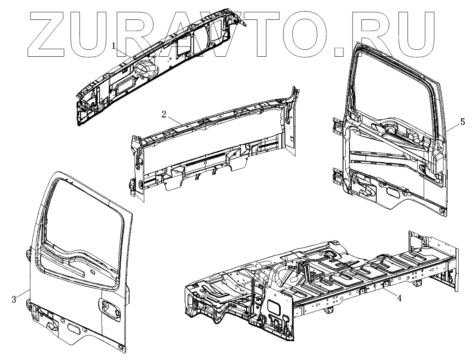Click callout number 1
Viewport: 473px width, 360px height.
click(x=113, y=45)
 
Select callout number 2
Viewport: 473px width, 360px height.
click(x=164, y=114)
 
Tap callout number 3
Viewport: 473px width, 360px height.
click(x=14, y=299)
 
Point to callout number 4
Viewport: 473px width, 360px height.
click(x=399, y=298)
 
